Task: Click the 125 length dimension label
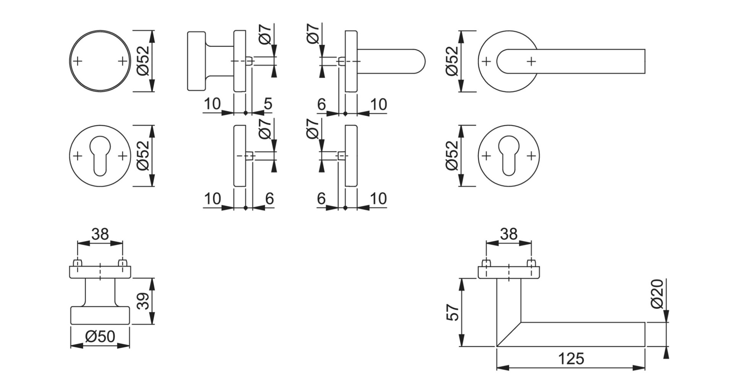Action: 571,359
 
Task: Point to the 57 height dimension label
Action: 452,312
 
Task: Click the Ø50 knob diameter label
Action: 100,336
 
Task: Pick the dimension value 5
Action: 268,104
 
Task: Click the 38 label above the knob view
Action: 100,234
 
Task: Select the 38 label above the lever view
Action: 508,234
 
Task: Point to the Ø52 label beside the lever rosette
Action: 452,61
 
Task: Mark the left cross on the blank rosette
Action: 78,61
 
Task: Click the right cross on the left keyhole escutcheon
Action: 122,156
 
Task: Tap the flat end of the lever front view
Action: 645,61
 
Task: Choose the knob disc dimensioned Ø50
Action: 100,315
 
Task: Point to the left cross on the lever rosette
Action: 486,61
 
